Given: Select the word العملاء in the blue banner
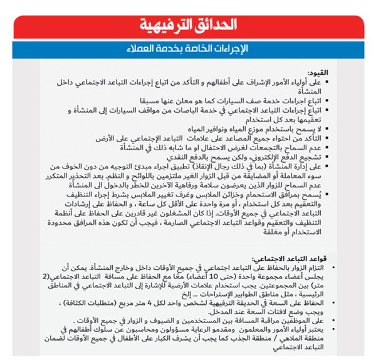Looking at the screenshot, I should (151, 49).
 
